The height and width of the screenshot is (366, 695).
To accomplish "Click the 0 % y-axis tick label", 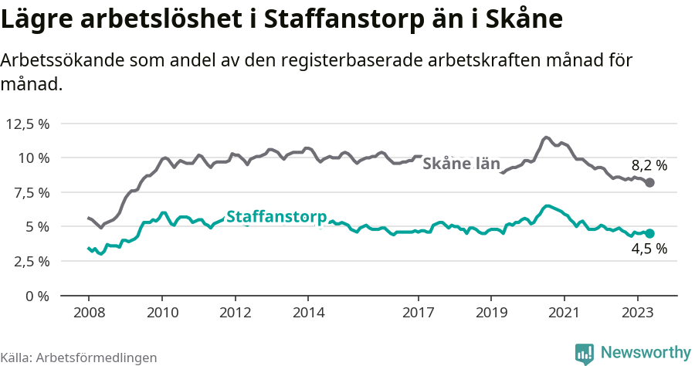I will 38,296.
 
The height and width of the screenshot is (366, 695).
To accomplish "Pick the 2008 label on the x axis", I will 89,313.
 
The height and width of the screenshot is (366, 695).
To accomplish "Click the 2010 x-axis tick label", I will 162,313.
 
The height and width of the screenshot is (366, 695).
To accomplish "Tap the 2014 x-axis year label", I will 308,313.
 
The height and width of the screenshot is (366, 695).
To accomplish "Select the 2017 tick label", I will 419,313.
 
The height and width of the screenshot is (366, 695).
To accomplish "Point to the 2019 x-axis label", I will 491,313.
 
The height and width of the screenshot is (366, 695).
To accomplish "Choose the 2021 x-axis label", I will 564,313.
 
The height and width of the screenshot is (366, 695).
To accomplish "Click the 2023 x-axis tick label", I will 638,313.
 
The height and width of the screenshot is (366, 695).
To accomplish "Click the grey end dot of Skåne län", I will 650,183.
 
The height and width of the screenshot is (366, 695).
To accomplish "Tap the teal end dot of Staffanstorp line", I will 650,233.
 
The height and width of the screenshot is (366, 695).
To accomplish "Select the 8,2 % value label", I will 649,164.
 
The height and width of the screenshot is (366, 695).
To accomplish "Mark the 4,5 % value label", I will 649,249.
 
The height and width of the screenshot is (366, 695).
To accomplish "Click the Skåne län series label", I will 462,164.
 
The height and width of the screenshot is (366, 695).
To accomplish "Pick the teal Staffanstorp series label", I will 276,218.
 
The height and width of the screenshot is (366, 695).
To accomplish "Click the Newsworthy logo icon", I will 585,353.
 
